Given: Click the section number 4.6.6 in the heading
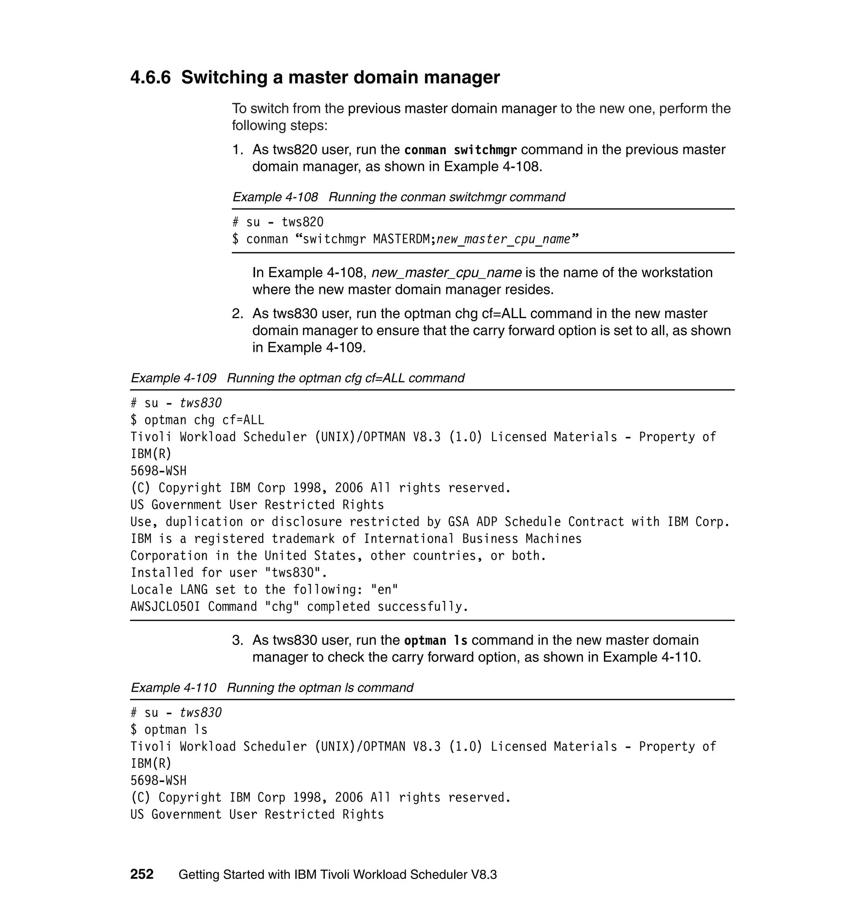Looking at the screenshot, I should tap(150, 77).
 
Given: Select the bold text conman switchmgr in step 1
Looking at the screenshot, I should tap(460, 150).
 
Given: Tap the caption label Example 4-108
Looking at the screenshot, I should tap(275, 197).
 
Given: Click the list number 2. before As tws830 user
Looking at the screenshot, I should tap(237, 314).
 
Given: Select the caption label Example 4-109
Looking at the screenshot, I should tap(173, 378).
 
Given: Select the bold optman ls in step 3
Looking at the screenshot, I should tap(435, 641).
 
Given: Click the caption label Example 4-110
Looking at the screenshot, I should tap(173, 688).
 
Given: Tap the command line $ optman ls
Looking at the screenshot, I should tap(169, 729).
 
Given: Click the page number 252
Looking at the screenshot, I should tap(141, 874).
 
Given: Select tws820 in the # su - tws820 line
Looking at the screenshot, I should tap(302, 222).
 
